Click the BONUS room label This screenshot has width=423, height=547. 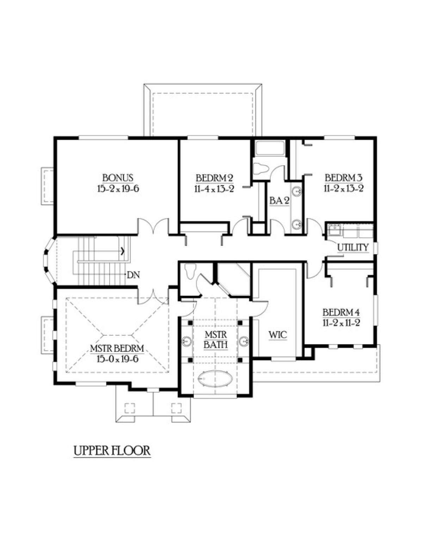[118, 178]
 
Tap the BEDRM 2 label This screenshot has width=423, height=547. [214, 178]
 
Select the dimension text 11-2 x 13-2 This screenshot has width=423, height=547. [343, 188]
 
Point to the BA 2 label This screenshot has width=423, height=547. [279, 201]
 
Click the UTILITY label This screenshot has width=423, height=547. [353, 248]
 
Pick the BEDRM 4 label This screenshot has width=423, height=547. [341, 312]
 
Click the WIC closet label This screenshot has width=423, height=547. [278, 335]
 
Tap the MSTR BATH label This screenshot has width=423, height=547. [216, 340]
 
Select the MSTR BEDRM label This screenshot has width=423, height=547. [117, 348]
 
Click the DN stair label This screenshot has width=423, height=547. [133, 275]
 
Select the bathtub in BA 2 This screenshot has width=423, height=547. [270, 148]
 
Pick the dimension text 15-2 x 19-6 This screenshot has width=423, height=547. [118, 188]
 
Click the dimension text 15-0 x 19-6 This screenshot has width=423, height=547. [117, 359]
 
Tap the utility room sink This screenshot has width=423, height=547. [334, 230]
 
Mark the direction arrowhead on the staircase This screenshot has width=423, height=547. [123, 251]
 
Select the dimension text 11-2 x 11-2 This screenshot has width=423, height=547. [341, 323]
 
